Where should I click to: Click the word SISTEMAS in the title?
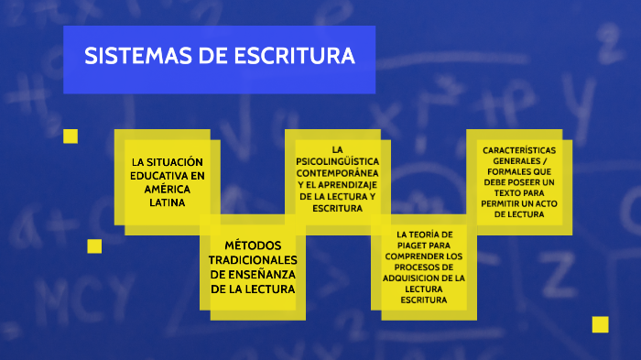126,56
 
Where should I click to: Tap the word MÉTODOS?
253,246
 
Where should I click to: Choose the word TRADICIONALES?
253,260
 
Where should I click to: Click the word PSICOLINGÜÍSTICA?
337,160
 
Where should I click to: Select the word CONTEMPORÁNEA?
337,172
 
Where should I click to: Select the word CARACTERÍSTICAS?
518,149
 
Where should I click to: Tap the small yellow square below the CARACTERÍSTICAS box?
600,323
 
